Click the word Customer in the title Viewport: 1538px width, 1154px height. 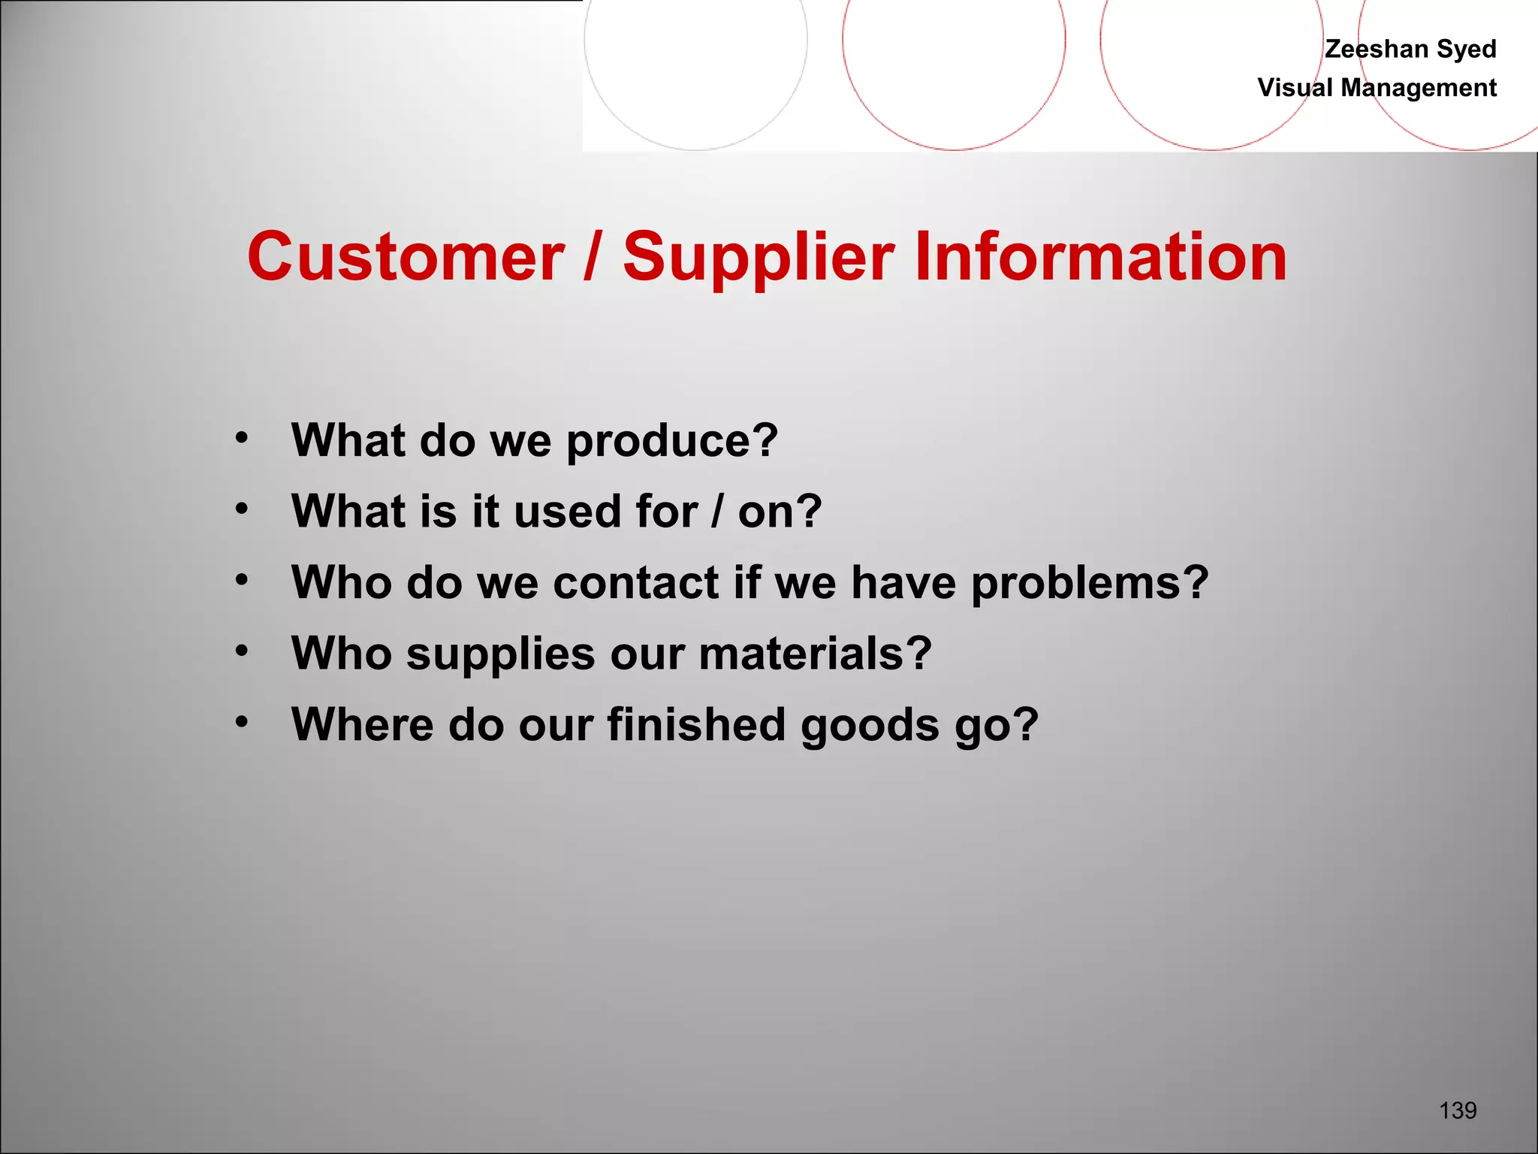pos(406,257)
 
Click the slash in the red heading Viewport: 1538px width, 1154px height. pos(593,257)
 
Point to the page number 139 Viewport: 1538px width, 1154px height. pos(1458,1110)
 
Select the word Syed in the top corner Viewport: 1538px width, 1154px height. pos(1467,49)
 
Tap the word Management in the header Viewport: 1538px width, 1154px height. pos(1419,88)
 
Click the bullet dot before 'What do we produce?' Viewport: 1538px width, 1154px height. pos(241,437)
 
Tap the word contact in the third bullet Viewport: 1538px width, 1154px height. pos(636,582)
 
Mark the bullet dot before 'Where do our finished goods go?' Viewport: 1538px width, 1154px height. pos(241,722)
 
